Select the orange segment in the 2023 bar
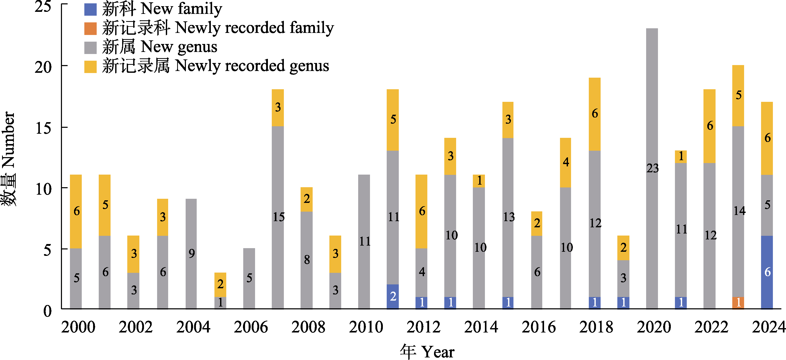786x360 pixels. coord(738,303)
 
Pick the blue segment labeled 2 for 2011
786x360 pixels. coord(393,296)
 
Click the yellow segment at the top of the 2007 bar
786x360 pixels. coord(278,107)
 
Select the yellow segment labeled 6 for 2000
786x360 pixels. coord(76,211)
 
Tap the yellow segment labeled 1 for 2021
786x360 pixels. coord(681,157)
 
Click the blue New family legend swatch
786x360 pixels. coord(90,10)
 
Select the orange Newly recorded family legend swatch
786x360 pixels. coord(90,28)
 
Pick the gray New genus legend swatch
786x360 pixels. coord(90,48)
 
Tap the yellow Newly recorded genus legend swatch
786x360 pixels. coord(90,67)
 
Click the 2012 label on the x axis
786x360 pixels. coord(423,327)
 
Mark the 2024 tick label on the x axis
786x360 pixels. coord(768,327)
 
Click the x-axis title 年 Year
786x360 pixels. coord(427,352)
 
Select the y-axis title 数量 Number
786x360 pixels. coord(8,159)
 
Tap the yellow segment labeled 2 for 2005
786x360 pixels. coord(220,284)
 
